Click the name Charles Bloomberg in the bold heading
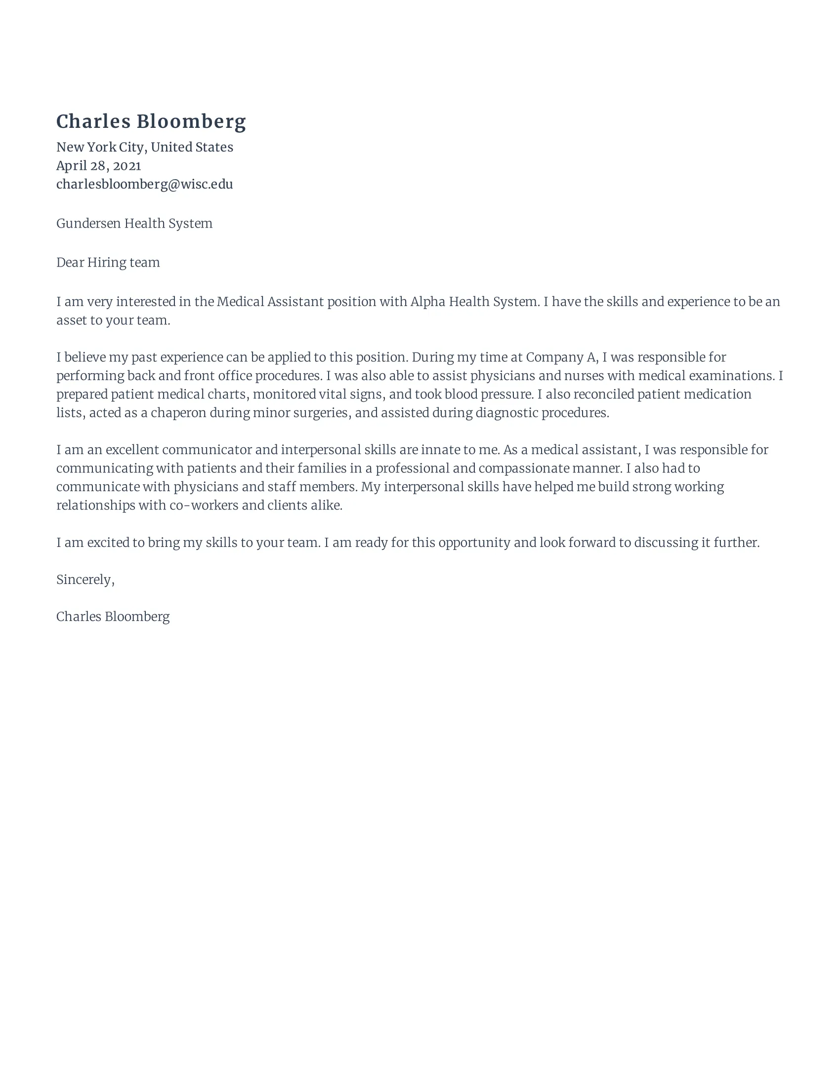pyautogui.click(x=151, y=122)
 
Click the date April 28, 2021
pyautogui.click(x=98, y=165)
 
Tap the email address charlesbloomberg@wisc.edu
pyautogui.click(x=144, y=184)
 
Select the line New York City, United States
pyautogui.click(x=144, y=147)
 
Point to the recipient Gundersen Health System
pyautogui.click(x=134, y=223)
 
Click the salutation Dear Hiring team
pyautogui.click(x=108, y=263)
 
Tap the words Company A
pyautogui.click(x=561, y=357)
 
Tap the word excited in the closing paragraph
pyautogui.click(x=108, y=543)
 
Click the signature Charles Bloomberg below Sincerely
pyautogui.click(x=113, y=617)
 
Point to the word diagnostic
pyautogui.click(x=506, y=413)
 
